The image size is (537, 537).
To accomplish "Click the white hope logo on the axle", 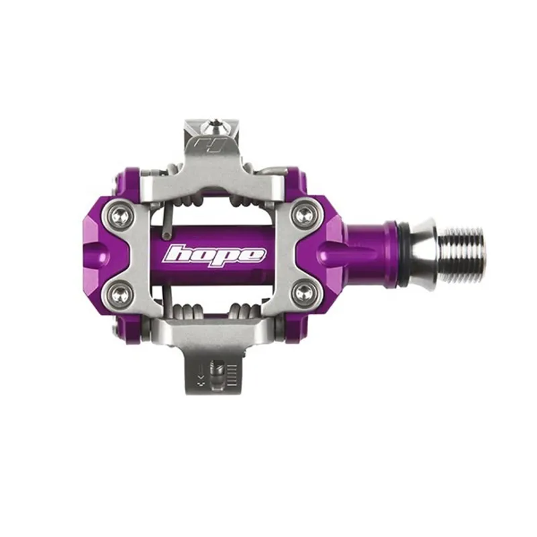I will click(x=215, y=255).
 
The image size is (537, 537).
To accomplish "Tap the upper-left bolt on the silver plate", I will click(x=120, y=216).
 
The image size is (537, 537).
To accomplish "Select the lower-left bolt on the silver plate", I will click(x=120, y=292).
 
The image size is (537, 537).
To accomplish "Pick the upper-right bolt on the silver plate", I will click(x=304, y=215).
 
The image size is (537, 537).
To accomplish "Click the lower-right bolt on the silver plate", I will click(x=304, y=293).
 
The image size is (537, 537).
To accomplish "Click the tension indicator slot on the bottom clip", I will click(x=216, y=373).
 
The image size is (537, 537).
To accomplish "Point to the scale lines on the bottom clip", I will click(x=231, y=376).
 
